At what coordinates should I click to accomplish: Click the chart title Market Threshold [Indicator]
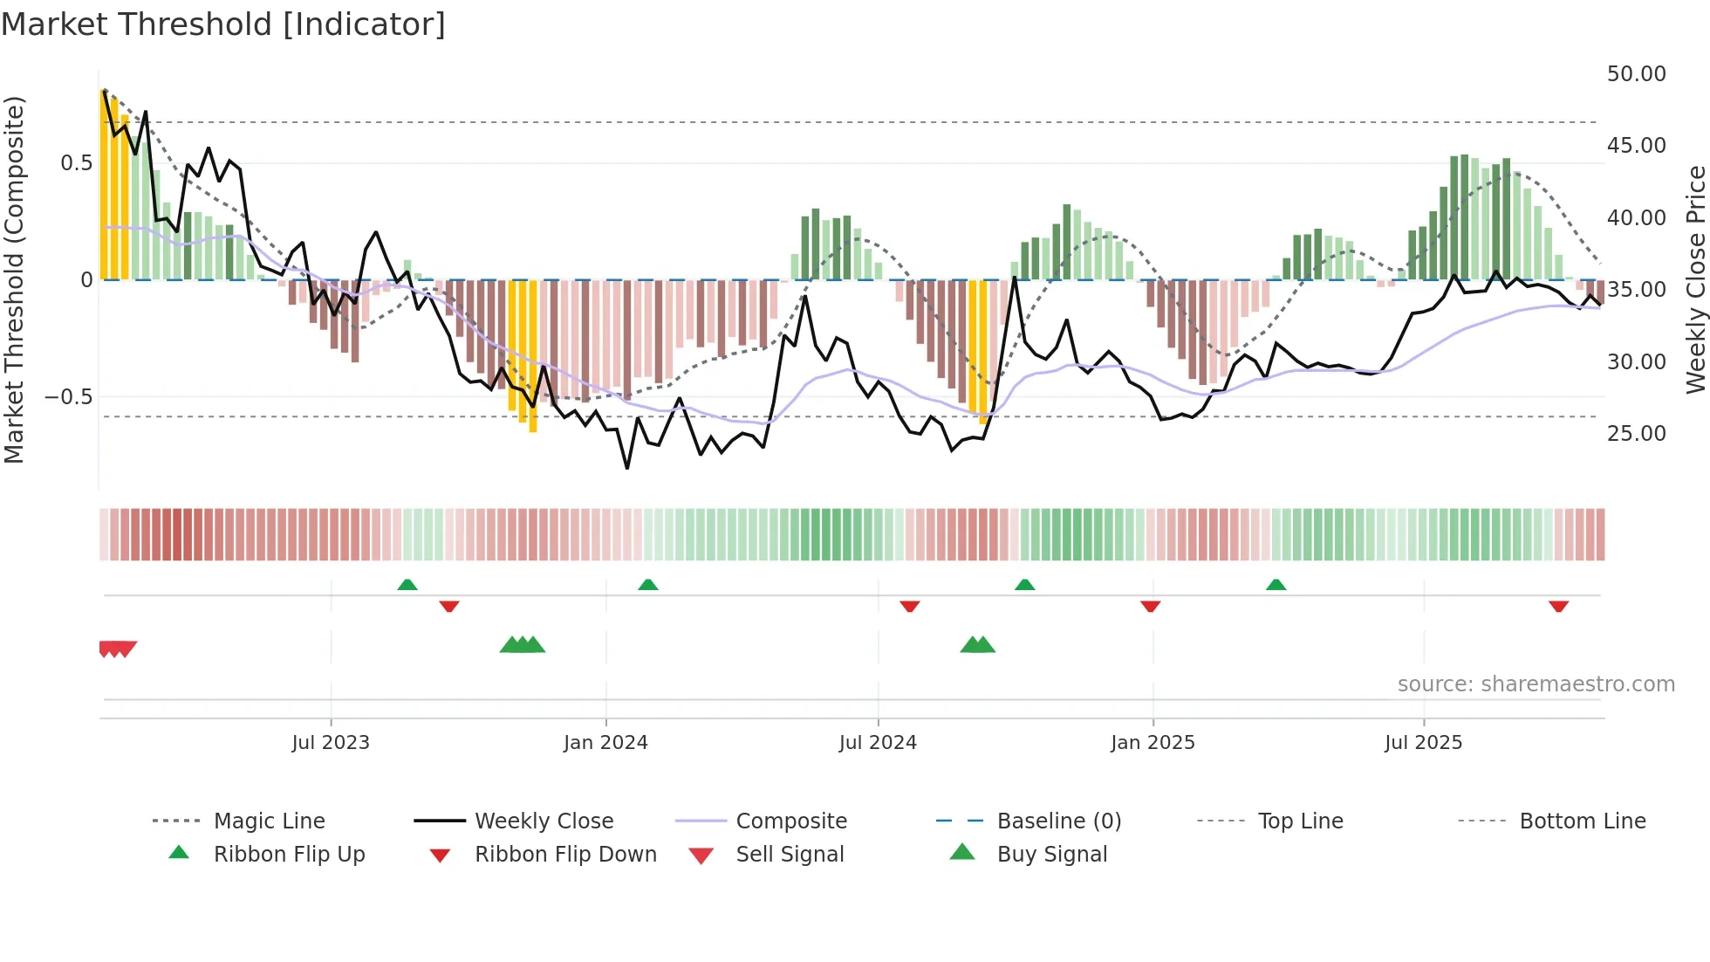[x=223, y=24]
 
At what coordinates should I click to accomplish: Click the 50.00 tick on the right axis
[x=1636, y=74]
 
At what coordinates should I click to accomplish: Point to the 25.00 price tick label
[x=1636, y=434]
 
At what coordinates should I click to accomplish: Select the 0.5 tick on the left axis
[x=76, y=163]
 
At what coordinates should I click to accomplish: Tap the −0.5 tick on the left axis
[x=69, y=397]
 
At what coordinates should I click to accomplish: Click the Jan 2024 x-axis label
[x=605, y=743]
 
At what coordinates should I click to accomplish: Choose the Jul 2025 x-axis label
[x=1423, y=743]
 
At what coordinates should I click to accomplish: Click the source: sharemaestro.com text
[x=1536, y=684]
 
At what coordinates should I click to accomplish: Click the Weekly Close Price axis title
[x=1695, y=279]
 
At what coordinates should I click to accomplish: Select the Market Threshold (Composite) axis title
[x=14, y=279]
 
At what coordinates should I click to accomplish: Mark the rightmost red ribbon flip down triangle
[x=1558, y=606]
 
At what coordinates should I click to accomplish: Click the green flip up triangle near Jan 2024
[x=647, y=585]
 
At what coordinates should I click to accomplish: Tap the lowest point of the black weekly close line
[x=627, y=468]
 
